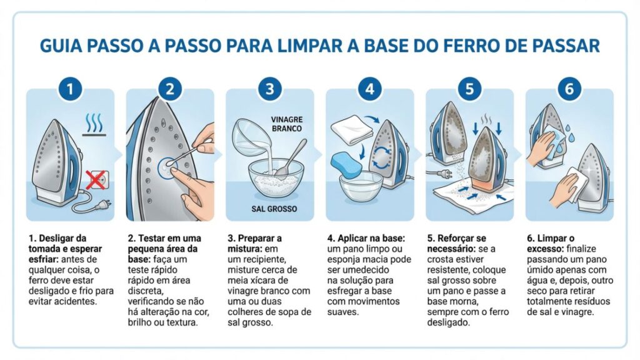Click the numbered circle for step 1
pos(70,89)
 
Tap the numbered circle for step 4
pos(369,89)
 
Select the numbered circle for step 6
pos(569,89)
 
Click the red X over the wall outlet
pos(95,181)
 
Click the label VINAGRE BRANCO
pos(287,123)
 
